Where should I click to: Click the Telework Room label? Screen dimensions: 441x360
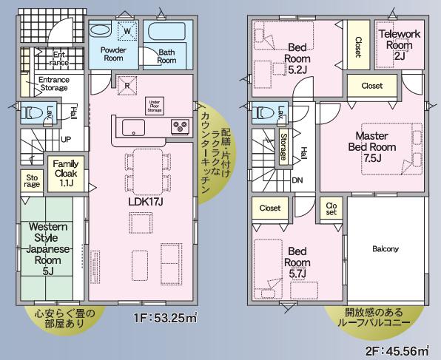click(400, 44)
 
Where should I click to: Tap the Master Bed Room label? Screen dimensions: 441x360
click(371, 147)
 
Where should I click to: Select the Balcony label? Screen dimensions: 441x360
click(386, 248)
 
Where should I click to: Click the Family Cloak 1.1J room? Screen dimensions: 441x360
click(66, 174)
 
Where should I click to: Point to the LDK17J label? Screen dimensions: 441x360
click(146, 202)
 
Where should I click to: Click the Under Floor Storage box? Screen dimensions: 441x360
click(155, 106)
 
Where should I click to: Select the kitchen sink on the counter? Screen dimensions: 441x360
click(134, 128)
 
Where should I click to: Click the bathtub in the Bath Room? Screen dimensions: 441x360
click(166, 32)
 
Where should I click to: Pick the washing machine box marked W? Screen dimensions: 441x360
click(127, 31)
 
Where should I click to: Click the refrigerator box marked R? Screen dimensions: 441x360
click(127, 85)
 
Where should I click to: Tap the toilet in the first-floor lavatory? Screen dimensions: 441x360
click(33, 113)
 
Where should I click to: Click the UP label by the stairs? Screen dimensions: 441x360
click(66, 140)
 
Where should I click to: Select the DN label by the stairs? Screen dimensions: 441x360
click(297, 180)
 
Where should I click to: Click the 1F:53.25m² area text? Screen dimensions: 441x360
click(166, 318)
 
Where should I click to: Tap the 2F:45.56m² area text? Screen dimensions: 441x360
click(397, 350)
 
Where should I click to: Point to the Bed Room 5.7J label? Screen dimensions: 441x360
click(297, 262)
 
